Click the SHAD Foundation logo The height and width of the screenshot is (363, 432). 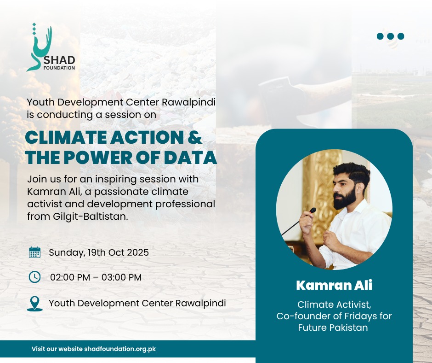51,47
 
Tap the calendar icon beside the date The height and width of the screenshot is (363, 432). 35,252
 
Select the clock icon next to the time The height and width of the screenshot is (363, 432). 35,277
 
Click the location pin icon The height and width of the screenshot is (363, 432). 35,304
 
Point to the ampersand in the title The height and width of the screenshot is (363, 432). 195,137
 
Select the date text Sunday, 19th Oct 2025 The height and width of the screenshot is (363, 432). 99,252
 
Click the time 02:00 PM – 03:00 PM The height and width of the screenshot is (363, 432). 96,277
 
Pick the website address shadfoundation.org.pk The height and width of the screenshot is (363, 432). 120,349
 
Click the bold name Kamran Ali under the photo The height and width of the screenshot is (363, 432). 334,285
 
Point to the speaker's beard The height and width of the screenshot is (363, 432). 344,198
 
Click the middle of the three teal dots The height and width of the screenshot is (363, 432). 390,36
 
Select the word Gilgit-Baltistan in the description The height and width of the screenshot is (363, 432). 91,217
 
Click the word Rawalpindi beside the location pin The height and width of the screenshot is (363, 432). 200,303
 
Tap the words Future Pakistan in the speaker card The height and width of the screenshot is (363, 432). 333,328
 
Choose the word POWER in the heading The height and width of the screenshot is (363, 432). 98,158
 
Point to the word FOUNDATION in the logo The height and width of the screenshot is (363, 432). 59,68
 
